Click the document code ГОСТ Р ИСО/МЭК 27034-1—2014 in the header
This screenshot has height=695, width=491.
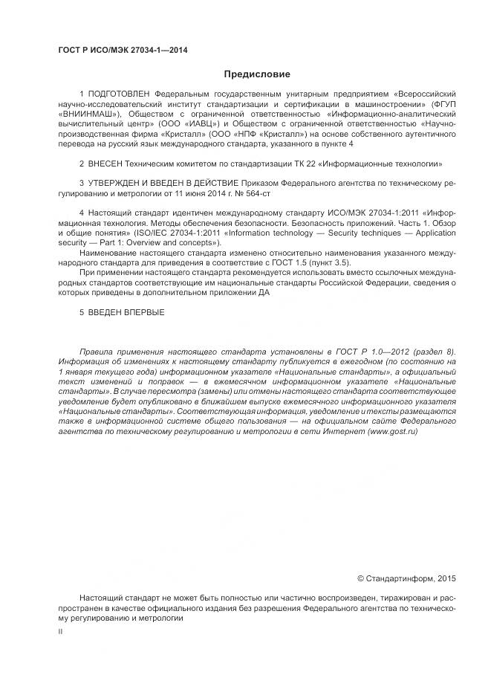click(x=122, y=50)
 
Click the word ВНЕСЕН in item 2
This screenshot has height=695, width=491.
click(x=109, y=162)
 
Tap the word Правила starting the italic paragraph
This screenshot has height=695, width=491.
click(x=97, y=351)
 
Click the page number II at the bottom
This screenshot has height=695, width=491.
click(x=60, y=630)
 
